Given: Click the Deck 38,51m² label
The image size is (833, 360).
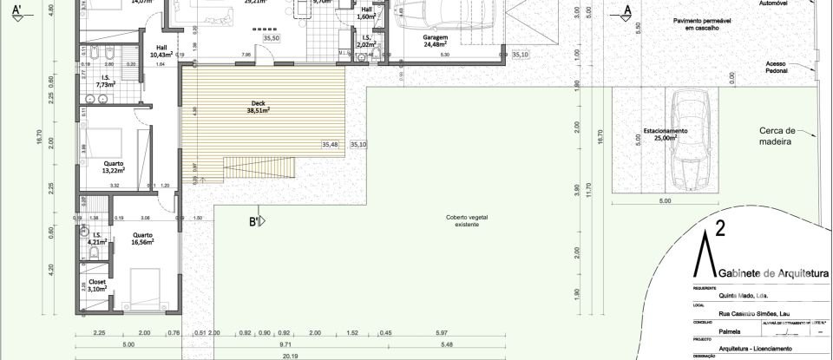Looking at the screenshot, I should click(257, 108).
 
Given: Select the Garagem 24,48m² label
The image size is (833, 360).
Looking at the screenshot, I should click(435, 43).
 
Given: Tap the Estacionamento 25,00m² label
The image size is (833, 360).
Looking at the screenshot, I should click(665, 134).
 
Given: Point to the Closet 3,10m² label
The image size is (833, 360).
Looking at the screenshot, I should click(97, 285).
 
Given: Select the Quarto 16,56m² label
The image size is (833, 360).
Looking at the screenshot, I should click(142, 239).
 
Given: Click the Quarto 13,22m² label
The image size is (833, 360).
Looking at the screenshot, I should click(113, 167).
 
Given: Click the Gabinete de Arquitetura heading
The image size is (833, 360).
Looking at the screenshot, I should click(768, 274).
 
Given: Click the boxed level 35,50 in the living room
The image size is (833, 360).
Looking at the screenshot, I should click(272, 38).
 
